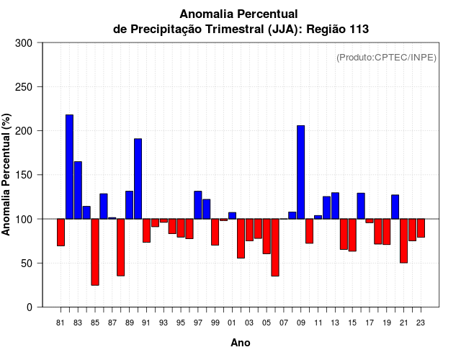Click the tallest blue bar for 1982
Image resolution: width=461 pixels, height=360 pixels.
[69, 166]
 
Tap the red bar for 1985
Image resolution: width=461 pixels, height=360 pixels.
[95, 252]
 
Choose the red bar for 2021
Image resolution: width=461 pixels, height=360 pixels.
[404, 240]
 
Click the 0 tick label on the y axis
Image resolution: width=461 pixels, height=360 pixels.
[29, 307]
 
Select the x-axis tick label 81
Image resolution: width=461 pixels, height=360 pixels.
[61, 323]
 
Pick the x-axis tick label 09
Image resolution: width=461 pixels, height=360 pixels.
[301, 323]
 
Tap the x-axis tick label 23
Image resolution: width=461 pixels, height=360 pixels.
[421, 323]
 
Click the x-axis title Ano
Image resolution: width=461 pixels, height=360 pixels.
[241, 343]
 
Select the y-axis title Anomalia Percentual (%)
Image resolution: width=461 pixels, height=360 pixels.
[6, 175]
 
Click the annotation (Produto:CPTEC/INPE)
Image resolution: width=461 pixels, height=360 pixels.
[386, 58]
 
